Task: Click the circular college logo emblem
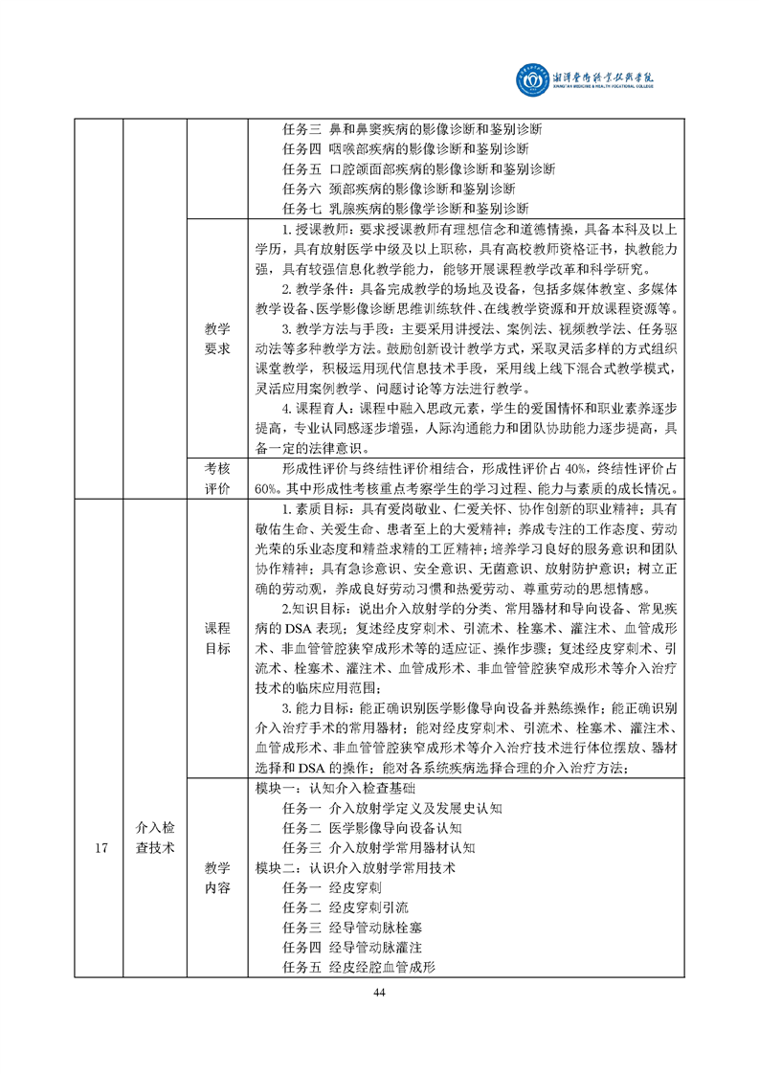point(528,78)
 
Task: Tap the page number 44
point(380,991)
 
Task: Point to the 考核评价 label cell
point(217,478)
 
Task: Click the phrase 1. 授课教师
point(312,230)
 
